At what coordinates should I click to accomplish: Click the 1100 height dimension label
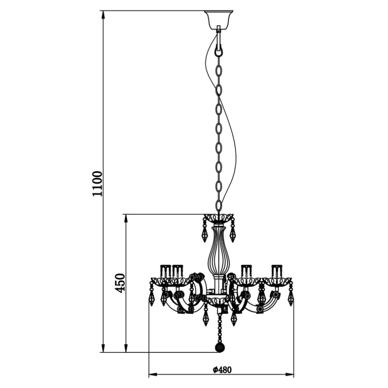pyautogui.click(x=97, y=184)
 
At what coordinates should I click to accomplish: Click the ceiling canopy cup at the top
pyautogui.click(x=219, y=20)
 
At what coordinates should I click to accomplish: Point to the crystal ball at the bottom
pyautogui.click(x=219, y=347)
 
